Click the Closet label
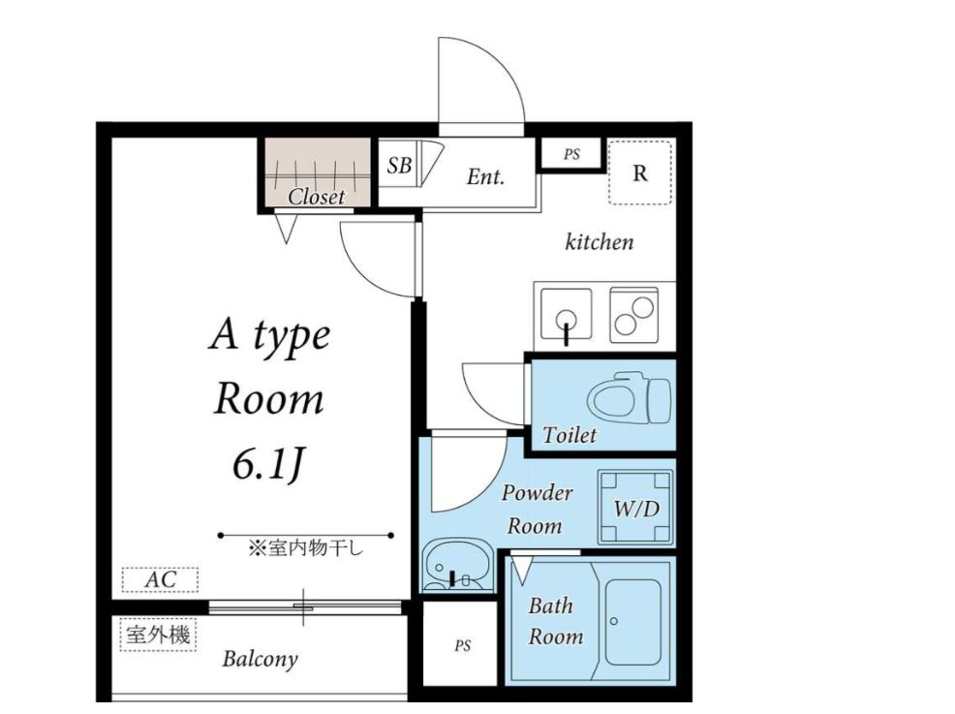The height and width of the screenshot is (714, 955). coord(316,197)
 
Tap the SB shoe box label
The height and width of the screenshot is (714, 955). coord(399,165)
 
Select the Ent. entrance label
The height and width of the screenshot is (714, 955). coord(485,176)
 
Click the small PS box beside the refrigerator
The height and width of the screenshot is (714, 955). coord(571,154)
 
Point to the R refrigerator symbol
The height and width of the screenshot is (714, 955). coord(640,173)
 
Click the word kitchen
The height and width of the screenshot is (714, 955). coord(600,242)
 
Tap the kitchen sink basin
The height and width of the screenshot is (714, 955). coord(567,314)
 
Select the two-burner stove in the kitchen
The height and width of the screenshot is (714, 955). coord(634,314)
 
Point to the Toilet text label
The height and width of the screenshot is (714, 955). coord(569,435)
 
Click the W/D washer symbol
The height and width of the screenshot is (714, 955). coord(636,508)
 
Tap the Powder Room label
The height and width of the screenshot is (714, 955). coord(537,509)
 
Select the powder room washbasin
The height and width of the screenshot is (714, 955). coord(453,566)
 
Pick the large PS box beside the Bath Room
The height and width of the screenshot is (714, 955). coord(462,644)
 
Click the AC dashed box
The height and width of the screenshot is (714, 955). coord(160,579)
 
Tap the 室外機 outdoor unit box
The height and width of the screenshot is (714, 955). coord(158,635)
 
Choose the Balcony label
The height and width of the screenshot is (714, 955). coord(261,659)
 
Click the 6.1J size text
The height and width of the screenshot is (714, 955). coord(268,466)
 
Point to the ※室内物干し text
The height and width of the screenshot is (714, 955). coord(305,548)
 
